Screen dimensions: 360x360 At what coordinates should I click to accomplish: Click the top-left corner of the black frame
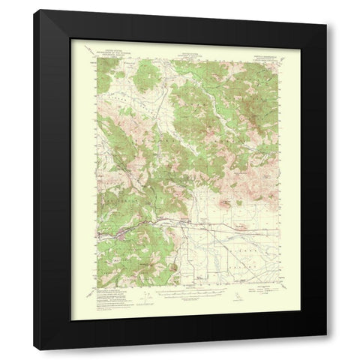tap(58, 10)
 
